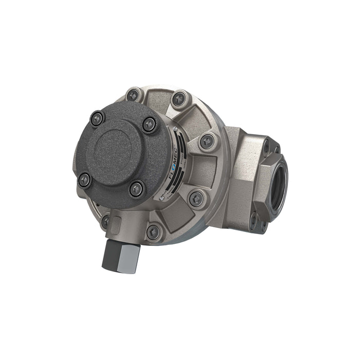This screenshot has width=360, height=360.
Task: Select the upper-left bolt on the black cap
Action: (97, 119)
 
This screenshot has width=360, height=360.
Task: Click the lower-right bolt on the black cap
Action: (136, 189)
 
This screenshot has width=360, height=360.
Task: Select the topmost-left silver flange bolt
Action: (133, 95)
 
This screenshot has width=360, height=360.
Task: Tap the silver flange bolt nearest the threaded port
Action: (207, 140)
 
